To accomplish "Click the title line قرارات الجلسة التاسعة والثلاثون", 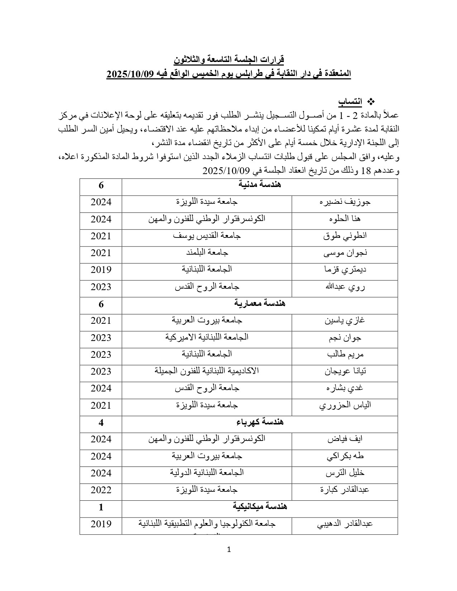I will [x=229, y=59].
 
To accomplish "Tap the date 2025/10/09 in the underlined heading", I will [x=130, y=74].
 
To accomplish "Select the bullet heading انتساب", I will [x=350, y=102].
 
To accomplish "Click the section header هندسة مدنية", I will [x=260, y=185].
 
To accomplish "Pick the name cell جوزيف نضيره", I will [x=345, y=202].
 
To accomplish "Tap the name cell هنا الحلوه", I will [x=345, y=219].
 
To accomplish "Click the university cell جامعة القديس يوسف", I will [x=207, y=236].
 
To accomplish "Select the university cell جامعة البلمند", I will [x=207, y=253].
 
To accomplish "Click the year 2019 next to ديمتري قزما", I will [x=101, y=270].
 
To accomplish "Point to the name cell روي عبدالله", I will [x=345, y=287].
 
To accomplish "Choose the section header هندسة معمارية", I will [x=260, y=304].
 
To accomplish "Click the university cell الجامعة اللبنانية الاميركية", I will [x=207, y=337].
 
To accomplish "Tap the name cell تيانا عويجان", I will [x=345, y=371].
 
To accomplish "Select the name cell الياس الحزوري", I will [x=345, y=405].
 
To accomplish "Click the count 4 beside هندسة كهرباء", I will [x=101, y=423].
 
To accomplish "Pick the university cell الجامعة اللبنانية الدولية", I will [x=207, y=473].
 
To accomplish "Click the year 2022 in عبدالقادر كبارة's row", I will [x=101, y=490].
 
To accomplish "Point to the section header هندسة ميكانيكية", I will [x=260, y=507].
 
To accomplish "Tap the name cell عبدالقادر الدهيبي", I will [x=345, y=524].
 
